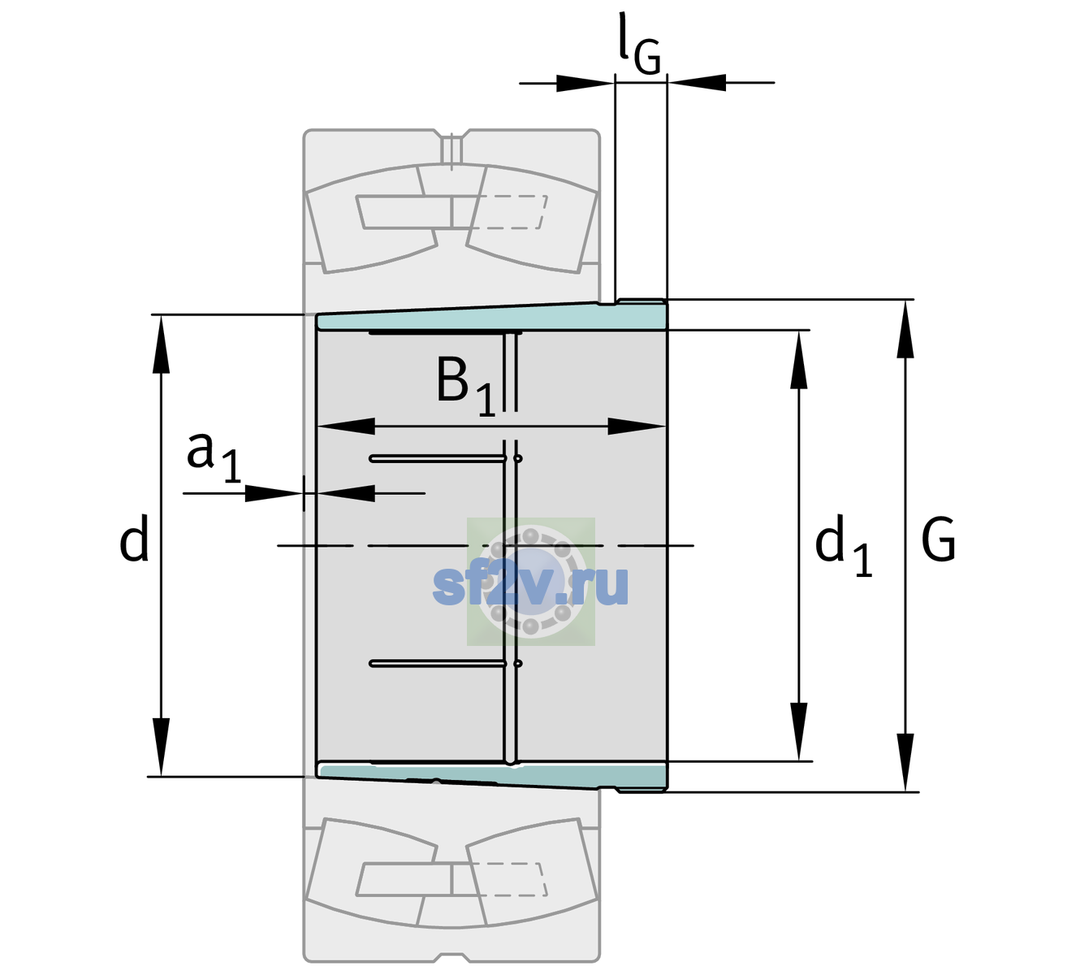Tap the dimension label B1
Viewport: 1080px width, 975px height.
(466, 387)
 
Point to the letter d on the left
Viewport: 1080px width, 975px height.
(133, 539)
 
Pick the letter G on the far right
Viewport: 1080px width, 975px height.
(938, 539)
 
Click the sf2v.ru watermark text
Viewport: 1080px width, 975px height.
(530, 585)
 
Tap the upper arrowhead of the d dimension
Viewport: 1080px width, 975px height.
(161, 344)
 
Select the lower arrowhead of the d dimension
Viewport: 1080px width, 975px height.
(161, 747)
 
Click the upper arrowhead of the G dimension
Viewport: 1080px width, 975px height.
(905, 329)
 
